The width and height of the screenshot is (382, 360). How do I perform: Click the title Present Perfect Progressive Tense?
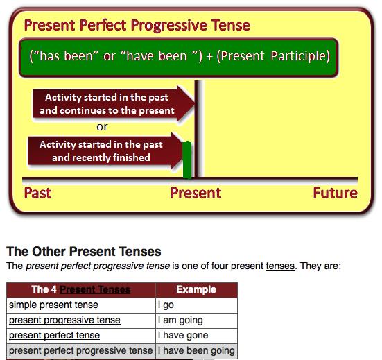point(137,26)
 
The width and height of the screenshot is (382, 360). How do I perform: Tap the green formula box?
point(179,58)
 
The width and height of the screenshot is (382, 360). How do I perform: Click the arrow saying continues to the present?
point(114,103)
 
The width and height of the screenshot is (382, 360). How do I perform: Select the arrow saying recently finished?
point(106,151)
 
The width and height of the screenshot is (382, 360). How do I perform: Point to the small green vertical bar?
point(187,160)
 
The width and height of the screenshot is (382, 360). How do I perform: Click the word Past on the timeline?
point(37,194)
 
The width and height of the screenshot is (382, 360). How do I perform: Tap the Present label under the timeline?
point(196,194)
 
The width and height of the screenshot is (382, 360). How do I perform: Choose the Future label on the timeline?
point(336,194)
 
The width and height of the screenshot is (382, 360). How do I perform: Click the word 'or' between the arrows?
point(102,127)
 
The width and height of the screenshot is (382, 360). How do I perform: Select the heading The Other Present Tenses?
point(84,251)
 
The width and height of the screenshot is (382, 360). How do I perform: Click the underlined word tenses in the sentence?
point(280,266)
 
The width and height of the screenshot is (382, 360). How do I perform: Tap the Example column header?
point(196,289)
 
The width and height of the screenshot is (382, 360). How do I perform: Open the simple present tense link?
point(53,305)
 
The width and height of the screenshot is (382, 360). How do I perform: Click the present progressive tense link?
point(64,320)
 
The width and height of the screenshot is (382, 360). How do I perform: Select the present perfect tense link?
point(54,336)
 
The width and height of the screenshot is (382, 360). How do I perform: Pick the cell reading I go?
point(196,305)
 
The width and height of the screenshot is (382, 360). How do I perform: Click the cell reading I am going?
point(196,320)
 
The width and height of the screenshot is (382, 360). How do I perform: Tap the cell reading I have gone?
point(196,336)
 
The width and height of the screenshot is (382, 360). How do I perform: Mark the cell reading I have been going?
point(196,351)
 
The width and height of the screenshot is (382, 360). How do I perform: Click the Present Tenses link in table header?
point(95,289)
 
